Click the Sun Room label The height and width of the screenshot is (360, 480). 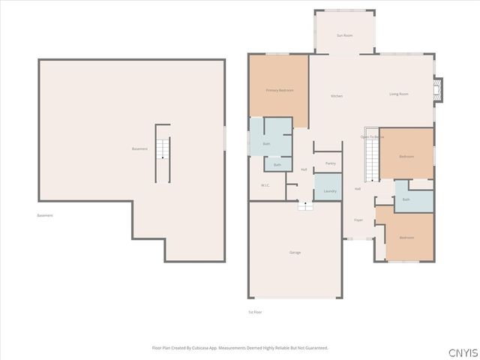tap(344, 35)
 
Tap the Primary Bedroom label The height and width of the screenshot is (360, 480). tap(279, 90)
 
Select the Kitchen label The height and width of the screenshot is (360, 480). tap(337, 96)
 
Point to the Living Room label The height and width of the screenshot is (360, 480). tap(398, 94)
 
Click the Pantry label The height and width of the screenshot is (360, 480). tap(330, 163)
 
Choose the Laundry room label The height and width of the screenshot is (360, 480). tap(329, 191)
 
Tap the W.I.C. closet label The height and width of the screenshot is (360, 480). tap(265, 185)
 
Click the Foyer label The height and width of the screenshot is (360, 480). tap(358, 220)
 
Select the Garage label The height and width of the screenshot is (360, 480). tap(295, 253)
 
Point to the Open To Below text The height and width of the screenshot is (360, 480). tap(372, 137)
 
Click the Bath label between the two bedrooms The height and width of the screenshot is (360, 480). tap(406, 199)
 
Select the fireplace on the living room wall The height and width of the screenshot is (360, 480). tap(439, 90)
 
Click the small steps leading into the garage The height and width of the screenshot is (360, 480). tap(304, 206)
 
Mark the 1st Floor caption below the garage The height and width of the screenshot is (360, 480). tap(255, 312)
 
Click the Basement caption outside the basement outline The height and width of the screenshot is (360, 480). tap(45, 216)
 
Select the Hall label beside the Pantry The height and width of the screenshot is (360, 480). tap(304, 169)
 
